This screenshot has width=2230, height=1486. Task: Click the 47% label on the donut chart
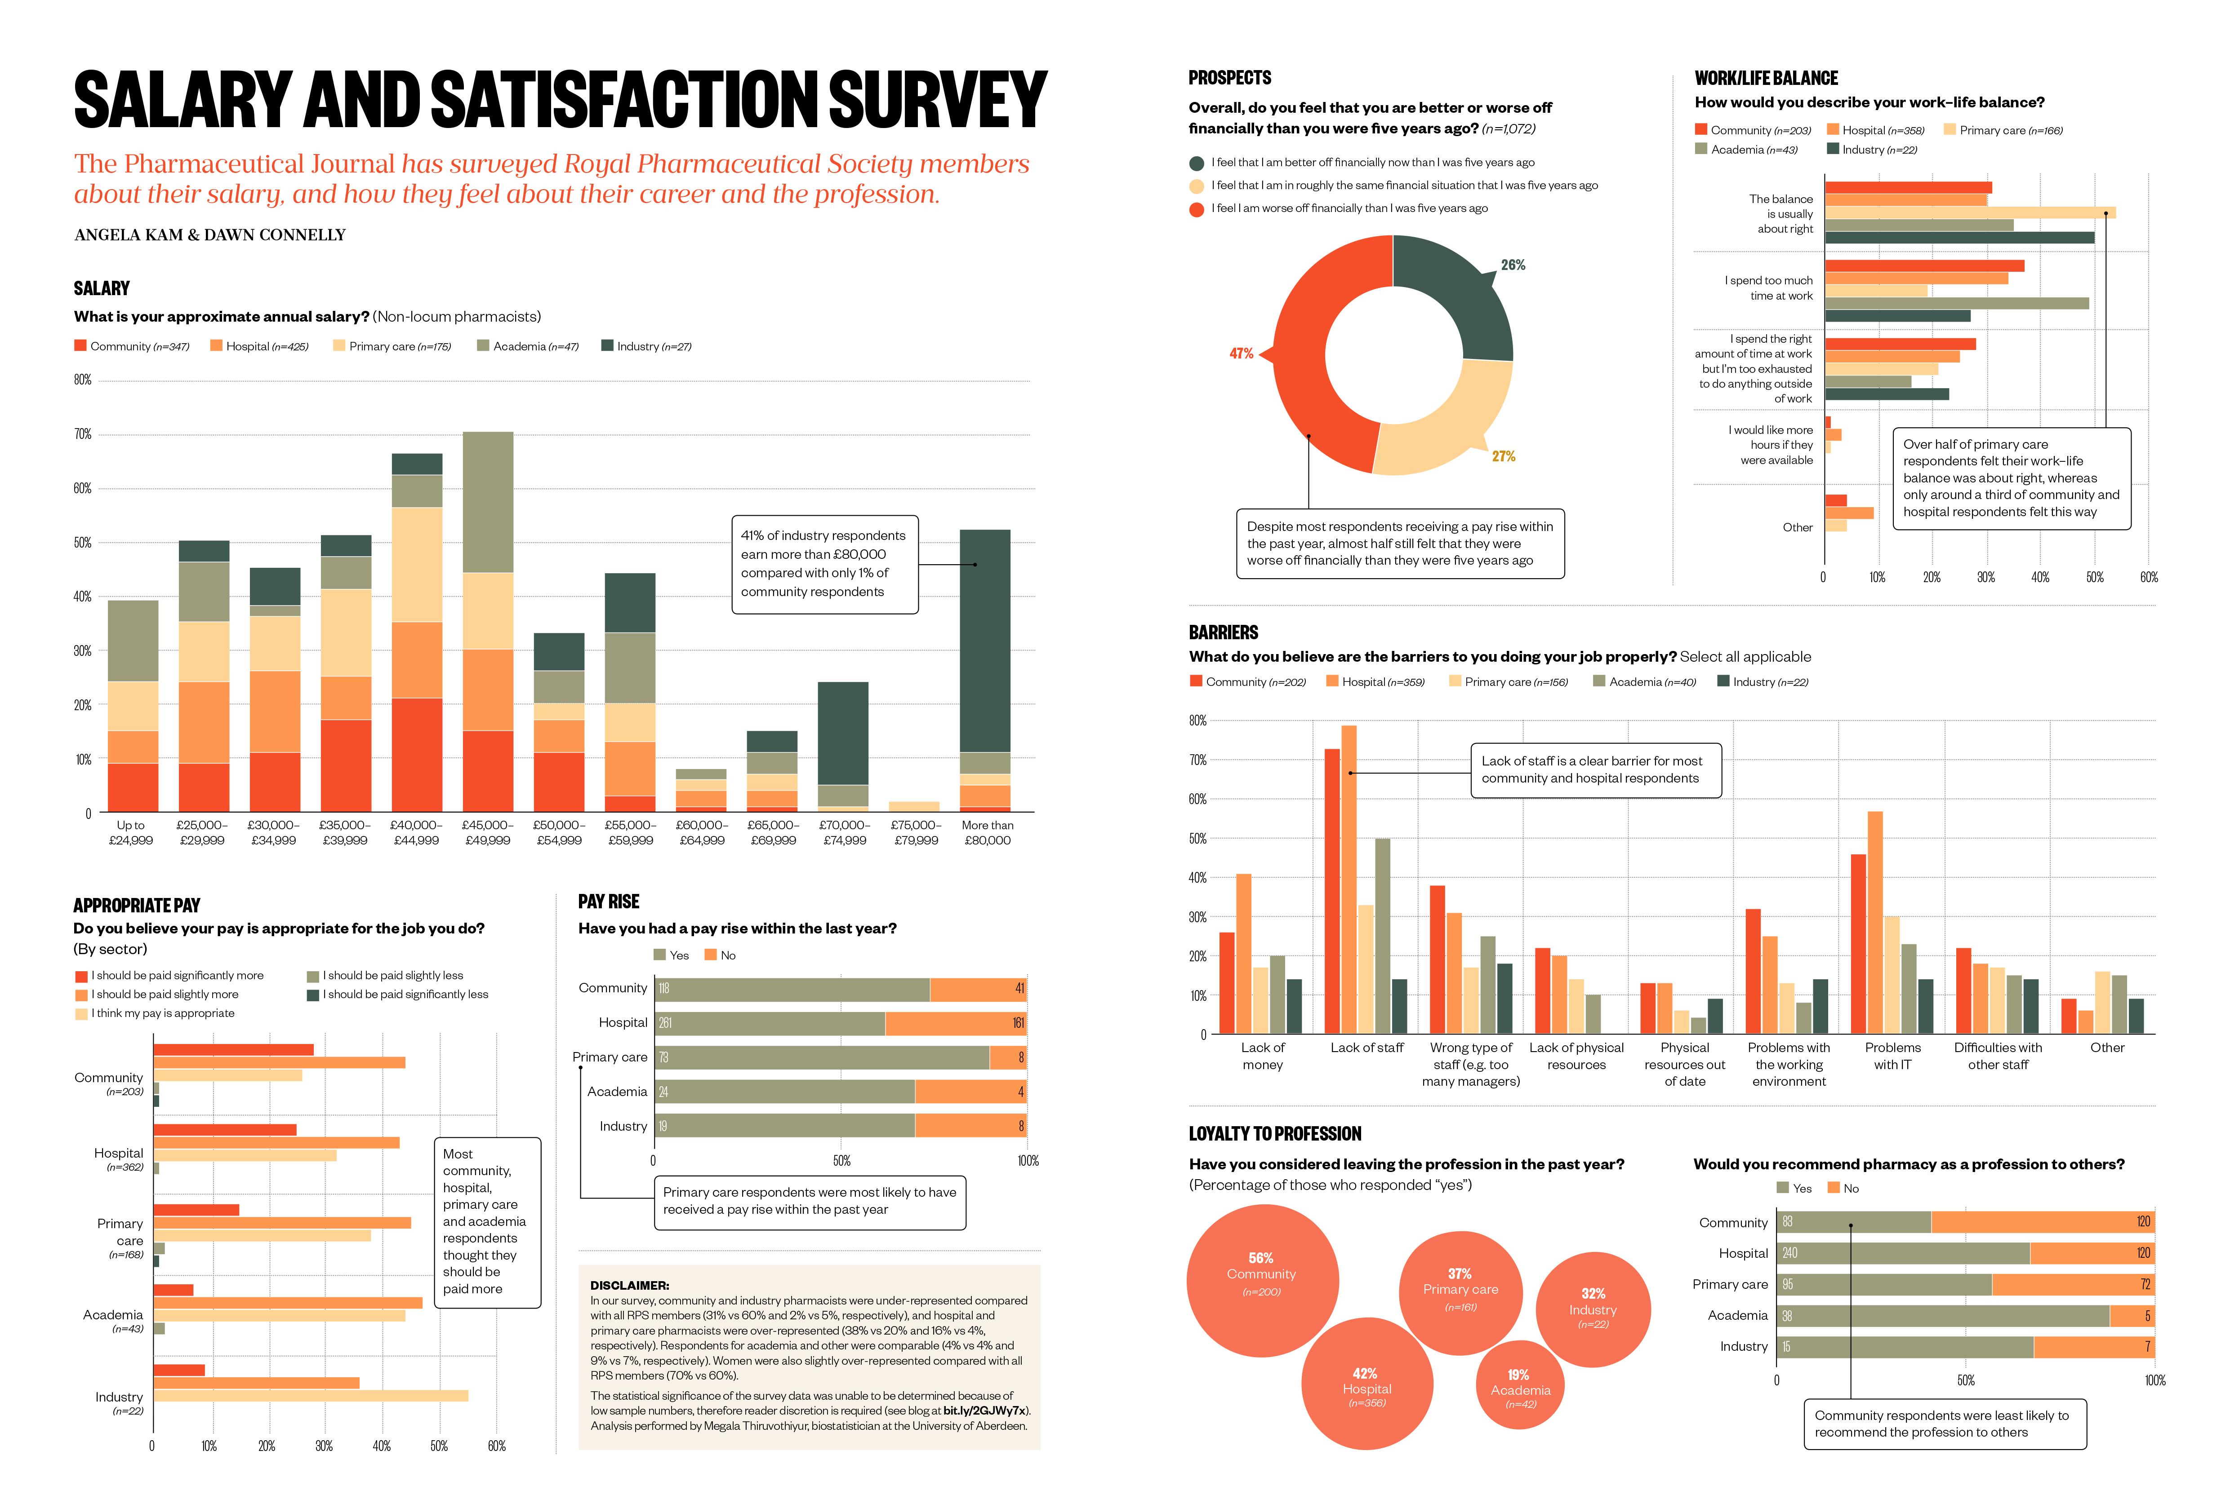coord(1241,354)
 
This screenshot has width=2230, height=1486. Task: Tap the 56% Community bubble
coord(1262,1279)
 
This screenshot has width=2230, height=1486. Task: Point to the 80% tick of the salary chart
coord(84,380)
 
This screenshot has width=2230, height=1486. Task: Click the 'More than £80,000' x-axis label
coord(987,833)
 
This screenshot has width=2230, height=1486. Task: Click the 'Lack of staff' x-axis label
coord(1366,1048)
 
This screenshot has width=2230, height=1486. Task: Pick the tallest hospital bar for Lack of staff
coord(1348,880)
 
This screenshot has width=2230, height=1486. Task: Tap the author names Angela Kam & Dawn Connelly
coord(209,235)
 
